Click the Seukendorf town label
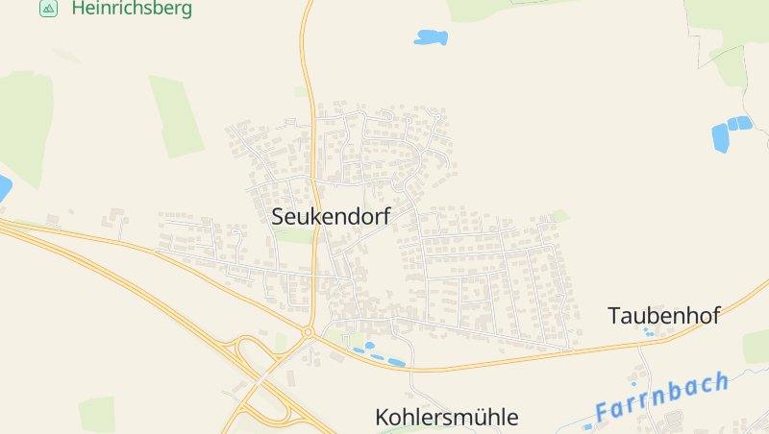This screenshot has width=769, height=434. [331, 217]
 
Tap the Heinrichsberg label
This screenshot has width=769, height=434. [132, 9]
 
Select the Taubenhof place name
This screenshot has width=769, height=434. [664, 316]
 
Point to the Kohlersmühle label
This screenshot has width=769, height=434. [446, 418]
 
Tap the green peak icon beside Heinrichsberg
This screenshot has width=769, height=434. [48, 9]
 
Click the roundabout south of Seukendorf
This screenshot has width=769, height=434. [309, 333]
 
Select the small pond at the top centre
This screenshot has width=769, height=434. [431, 37]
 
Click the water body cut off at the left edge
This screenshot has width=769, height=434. [4, 188]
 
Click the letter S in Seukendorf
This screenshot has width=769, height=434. [279, 218]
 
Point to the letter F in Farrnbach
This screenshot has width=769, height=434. [603, 413]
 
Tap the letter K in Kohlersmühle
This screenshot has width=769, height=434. [382, 418]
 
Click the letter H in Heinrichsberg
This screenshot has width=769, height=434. [79, 9]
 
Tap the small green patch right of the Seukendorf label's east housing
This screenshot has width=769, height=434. [559, 216]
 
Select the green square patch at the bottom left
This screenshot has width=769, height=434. [96, 414]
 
